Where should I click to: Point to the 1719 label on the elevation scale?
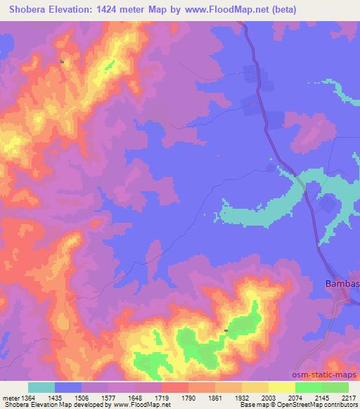162,396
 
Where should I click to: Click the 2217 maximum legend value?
348,396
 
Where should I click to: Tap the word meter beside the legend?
10,396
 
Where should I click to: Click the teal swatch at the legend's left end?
41,387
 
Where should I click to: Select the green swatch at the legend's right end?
335,387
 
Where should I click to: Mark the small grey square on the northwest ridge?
63,62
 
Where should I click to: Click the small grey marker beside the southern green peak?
226,330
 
